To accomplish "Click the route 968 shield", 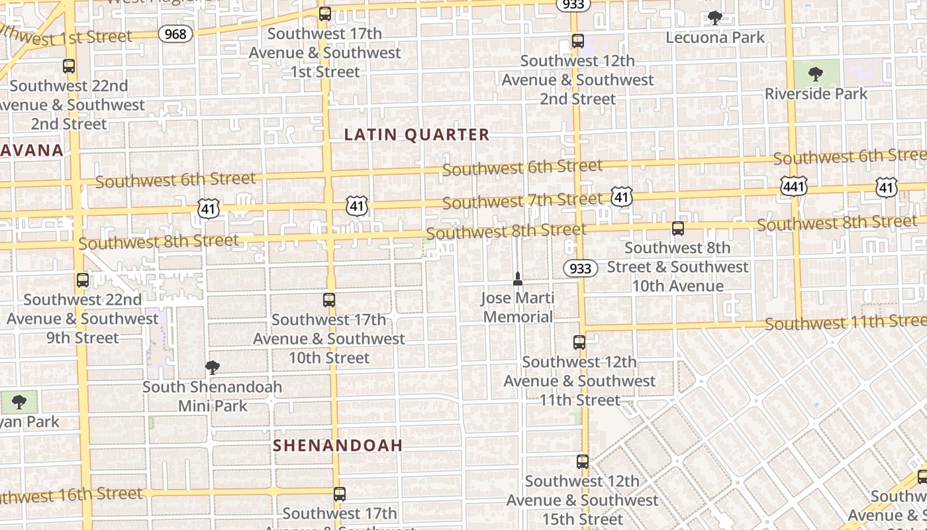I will point(175,33).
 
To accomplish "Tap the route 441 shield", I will point(793,186).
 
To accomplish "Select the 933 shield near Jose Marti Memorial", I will point(581,268).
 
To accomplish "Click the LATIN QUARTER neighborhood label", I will point(417,134).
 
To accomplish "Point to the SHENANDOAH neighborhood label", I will point(338,445).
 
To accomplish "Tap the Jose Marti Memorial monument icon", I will point(518,279).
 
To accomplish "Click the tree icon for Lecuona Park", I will point(714,18).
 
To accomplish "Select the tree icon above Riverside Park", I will point(816,74).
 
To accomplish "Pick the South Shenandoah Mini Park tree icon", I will point(212,368).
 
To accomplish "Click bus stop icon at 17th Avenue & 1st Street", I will point(324,14).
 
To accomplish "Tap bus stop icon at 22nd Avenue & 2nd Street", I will point(69,66).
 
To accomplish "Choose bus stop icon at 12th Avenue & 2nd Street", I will point(577,41).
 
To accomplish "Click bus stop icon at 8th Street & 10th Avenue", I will point(677,229).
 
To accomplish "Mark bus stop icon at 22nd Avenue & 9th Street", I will point(83,280).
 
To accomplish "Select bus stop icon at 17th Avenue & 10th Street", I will point(329,300).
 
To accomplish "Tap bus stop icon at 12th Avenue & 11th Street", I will point(579,343).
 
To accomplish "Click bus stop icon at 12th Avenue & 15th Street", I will point(582,462).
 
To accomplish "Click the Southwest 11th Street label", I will point(846,323).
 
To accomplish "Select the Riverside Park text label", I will point(816,93).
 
